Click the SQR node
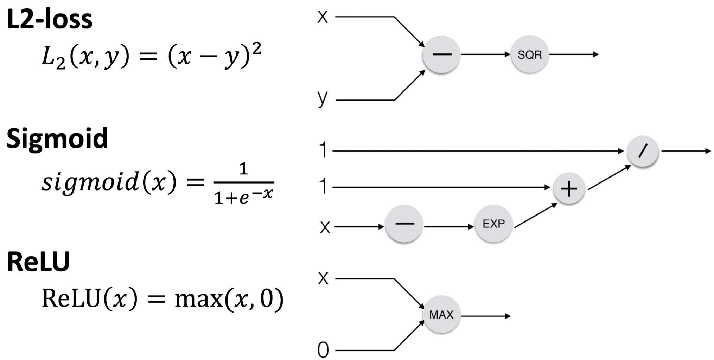[530, 54]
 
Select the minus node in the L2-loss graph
[441, 54]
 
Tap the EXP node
[493, 224]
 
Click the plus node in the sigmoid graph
[569, 189]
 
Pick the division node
[643, 151]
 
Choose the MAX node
[441, 315]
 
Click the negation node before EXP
[404, 224]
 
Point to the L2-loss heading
[50, 19]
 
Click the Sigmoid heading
[57, 139]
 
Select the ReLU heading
[38, 262]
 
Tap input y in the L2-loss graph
[322, 98]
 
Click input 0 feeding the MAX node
[323, 350]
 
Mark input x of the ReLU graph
[323, 278]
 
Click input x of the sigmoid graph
[325, 227]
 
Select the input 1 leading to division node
[323, 151]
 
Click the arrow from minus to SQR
[485, 54]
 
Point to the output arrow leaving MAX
[486, 316]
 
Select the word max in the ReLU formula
[198, 299]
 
